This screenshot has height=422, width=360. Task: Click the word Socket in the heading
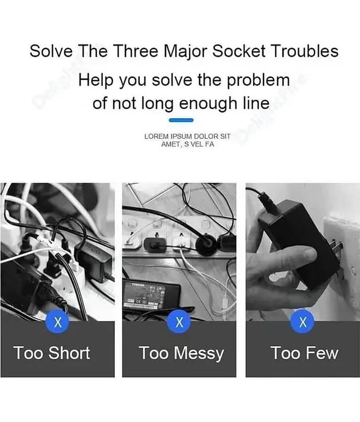[239, 52]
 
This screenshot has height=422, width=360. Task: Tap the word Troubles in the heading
[305, 52]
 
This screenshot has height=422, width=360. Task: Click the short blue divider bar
[180, 120]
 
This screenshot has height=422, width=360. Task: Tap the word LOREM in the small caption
[155, 137]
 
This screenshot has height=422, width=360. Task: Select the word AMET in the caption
[171, 144]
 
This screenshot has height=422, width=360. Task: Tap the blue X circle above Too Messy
[180, 322]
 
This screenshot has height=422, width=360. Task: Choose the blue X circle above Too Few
[303, 322]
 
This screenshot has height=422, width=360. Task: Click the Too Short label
[52, 352]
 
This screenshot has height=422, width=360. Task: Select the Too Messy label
[181, 353]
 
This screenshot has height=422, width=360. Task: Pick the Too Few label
[304, 352]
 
